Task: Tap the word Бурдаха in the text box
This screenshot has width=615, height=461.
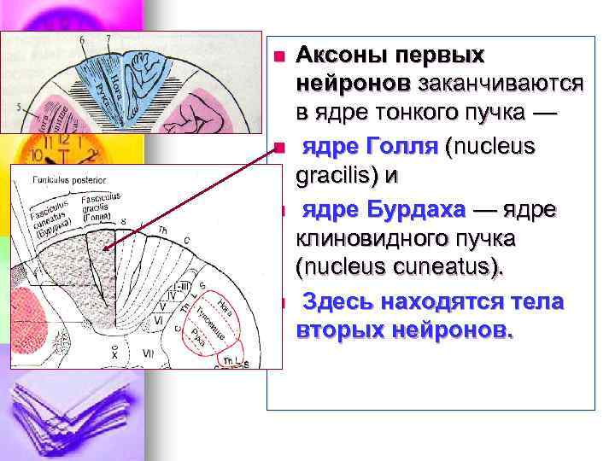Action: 413,209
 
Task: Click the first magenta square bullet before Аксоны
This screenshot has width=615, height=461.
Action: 277,56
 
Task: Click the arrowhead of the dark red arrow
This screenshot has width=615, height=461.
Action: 105,248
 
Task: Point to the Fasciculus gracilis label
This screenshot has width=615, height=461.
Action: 100,207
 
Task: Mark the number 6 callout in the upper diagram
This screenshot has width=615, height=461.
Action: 82,40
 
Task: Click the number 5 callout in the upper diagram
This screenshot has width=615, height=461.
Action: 18,108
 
